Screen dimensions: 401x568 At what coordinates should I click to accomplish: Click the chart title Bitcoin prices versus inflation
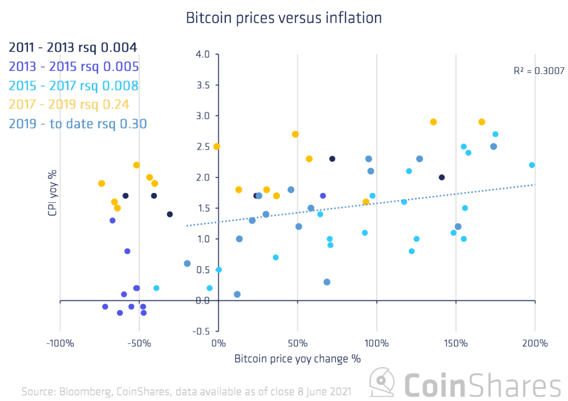[x=283, y=18]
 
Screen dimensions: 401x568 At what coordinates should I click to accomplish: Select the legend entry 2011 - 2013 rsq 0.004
[x=73, y=47]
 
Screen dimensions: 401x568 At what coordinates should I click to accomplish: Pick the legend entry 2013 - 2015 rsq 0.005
[x=74, y=67]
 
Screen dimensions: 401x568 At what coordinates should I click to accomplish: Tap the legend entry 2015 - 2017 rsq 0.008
[x=74, y=86]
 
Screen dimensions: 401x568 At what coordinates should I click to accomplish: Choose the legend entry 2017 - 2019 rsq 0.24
[x=69, y=105]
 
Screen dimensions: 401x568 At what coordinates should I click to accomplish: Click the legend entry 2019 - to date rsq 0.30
[x=77, y=124]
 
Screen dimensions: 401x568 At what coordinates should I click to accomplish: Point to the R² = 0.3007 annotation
[x=539, y=71]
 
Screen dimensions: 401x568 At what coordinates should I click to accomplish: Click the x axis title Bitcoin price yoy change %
[x=297, y=359]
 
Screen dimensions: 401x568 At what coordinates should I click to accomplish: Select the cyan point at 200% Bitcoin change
[x=532, y=165]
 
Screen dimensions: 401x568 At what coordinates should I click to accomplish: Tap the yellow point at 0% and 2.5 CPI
[x=216, y=147]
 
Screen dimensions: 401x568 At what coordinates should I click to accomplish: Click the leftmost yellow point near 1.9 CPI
[x=102, y=183]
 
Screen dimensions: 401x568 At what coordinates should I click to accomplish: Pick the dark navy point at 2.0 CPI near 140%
[x=442, y=178]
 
